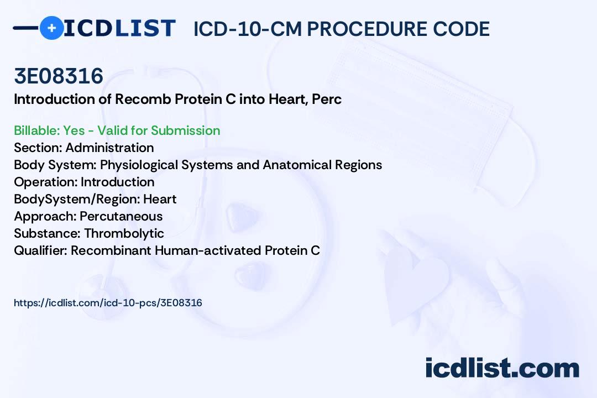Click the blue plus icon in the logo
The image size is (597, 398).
pos(51,28)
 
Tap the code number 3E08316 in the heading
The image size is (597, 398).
pos(59,76)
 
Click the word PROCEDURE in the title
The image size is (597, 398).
pos(367,29)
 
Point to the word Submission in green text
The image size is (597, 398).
pos(185,130)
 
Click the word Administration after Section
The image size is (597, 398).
pos(109,148)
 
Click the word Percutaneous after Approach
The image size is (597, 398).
pos(121,216)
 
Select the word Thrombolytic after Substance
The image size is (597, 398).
pos(124,233)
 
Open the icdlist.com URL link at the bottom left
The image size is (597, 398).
pos(108,303)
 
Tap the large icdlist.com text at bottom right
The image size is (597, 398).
pos(502,368)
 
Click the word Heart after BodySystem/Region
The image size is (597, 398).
pos(160,199)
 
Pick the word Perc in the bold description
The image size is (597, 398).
pos(327,99)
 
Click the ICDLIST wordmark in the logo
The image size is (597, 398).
pos(119,28)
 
